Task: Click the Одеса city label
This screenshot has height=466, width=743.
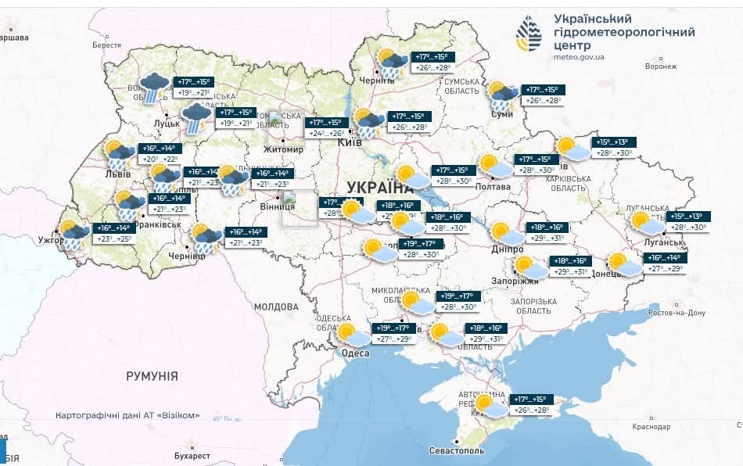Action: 356,353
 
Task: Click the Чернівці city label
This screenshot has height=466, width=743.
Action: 186,256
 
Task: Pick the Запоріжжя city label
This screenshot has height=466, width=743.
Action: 515,281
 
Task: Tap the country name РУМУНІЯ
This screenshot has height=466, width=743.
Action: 152,376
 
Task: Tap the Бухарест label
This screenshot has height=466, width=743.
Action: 192,455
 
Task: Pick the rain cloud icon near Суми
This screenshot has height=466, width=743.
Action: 503,96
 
